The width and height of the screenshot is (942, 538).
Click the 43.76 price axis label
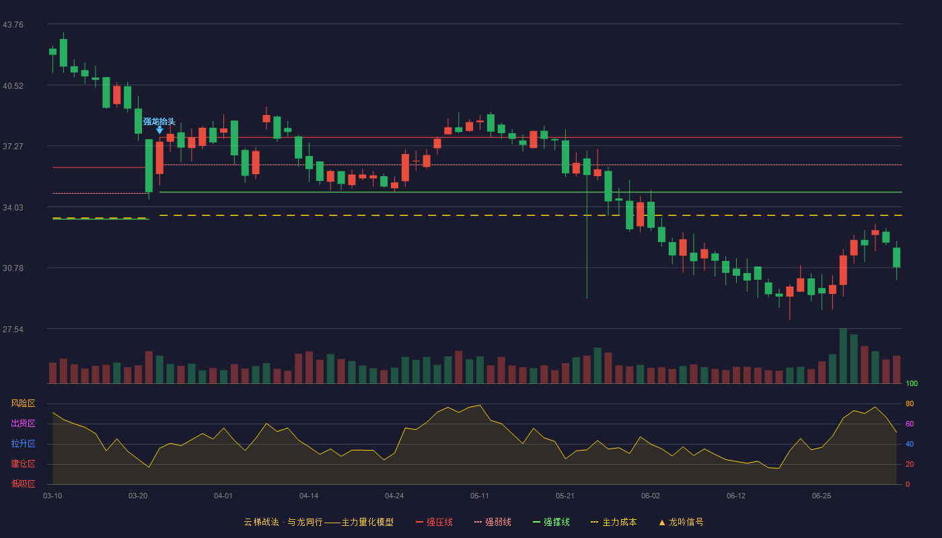click(x=13, y=25)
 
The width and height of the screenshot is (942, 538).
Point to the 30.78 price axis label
click(x=13, y=268)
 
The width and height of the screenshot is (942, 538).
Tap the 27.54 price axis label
click(x=13, y=329)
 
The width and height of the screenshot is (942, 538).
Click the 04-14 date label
click(x=309, y=496)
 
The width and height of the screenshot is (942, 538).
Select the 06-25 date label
click(x=822, y=496)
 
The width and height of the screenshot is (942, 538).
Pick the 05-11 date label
click(x=479, y=496)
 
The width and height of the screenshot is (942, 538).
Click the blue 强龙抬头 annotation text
click(x=159, y=122)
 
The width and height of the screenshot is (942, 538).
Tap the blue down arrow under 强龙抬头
click(x=159, y=130)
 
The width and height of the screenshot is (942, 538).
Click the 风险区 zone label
click(x=23, y=403)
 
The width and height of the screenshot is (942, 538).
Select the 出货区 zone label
click(x=23, y=423)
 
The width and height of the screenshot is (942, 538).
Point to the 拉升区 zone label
click(x=23, y=443)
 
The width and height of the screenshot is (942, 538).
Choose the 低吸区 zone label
click(x=23, y=484)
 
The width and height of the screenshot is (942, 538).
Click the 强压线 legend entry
click(x=434, y=522)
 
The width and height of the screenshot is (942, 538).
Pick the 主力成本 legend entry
click(x=614, y=522)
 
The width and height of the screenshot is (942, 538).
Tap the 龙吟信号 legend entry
click(x=681, y=522)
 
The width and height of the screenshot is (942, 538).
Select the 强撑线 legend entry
click(x=551, y=522)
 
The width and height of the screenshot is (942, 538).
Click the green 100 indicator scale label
click(x=912, y=383)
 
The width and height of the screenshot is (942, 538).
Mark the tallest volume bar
click(x=843, y=356)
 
